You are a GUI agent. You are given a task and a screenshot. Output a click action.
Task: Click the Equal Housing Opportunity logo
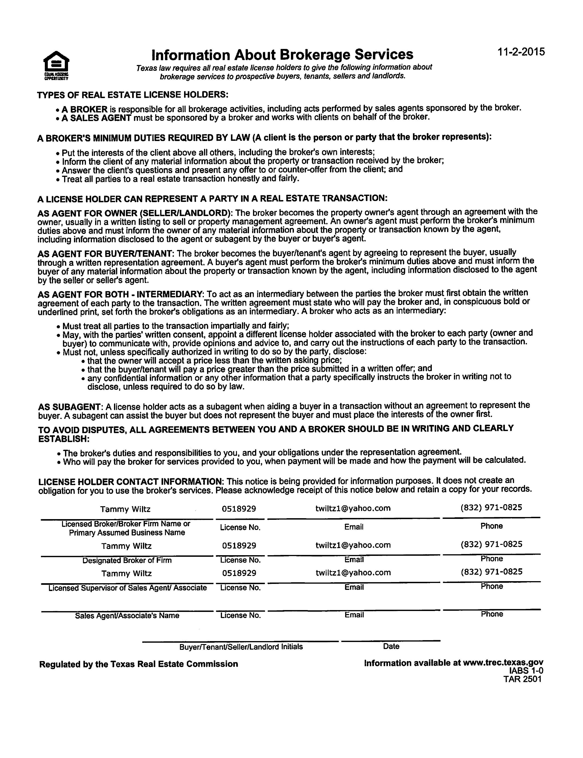click(x=56, y=65)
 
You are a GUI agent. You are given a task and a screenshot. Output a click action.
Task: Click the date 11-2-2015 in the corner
click(x=521, y=52)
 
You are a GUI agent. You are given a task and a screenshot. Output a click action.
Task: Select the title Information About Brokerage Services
click(x=282, y=55)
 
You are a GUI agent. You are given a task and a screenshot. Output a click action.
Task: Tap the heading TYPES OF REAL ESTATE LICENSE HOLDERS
click(x=133, y=95)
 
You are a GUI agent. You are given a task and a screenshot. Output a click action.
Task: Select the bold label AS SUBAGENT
click(x=69, y=407)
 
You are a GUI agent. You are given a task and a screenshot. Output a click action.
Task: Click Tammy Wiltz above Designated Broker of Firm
click(x=126, y=546)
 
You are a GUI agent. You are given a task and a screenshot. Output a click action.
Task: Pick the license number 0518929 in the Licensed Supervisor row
click(x=239, y=573)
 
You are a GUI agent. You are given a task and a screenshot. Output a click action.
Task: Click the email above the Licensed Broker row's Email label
click(x=353, y=508)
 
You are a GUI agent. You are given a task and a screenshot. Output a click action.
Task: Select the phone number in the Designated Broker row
click(x=491, y=544)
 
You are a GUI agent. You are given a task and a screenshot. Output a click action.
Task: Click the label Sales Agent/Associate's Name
click(x=127, y=616)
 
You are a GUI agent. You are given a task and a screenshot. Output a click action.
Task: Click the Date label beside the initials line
click(x=391, y=646)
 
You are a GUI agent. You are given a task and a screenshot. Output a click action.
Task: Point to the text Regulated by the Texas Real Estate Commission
click(x=139, y=664)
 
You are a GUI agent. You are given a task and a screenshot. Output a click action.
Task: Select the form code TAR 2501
click(x=522, y=679)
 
